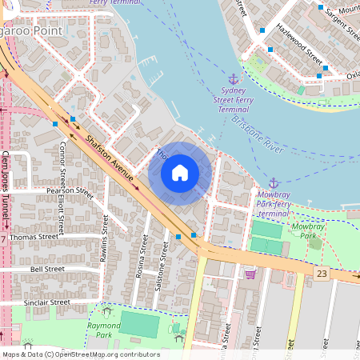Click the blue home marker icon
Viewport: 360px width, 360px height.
pos(180,173)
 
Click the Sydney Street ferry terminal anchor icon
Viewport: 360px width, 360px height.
pos(234,79)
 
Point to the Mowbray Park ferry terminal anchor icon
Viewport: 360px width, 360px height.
pos(274,183)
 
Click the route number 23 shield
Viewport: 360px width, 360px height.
pos(322,274)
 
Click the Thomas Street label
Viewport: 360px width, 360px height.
pos(34,237)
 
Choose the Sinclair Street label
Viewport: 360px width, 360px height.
pos(49,302)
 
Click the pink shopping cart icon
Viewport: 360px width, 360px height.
pos(250,274)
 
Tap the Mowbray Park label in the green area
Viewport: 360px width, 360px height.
pos(308,231)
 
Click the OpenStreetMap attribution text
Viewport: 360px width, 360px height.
pos(81,354)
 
